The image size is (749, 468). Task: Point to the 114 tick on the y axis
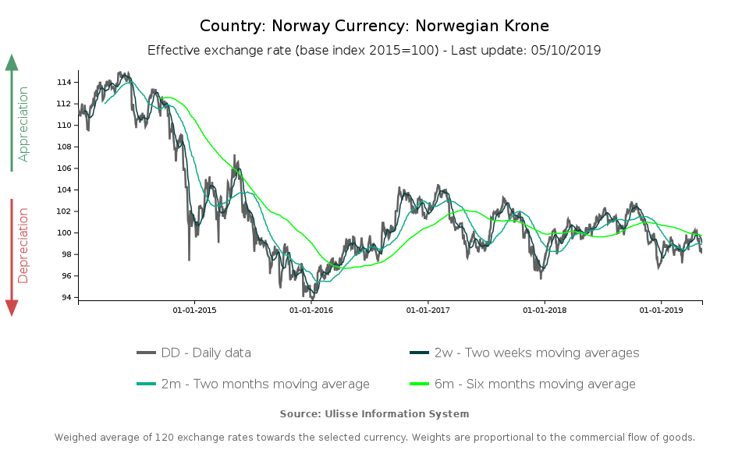coord(66,83)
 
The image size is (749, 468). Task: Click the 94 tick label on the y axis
coord(69,298)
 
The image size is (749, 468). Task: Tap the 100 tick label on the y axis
coord(66,233)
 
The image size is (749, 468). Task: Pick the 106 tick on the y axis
coord(66,168)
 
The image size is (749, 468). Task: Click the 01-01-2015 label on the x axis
coord(194,310)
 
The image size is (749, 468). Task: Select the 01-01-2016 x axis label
coord(311,310)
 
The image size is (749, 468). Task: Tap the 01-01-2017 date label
coord(428,310)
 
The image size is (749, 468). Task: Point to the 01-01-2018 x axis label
coord(545,310)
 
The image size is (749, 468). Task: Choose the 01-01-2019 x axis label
coord(662,310)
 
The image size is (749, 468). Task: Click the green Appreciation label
coord(23,124)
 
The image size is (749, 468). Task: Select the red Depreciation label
coord(23,245)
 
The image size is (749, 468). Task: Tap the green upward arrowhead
coord(12,62)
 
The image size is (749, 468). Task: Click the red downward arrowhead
coord(12,307)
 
